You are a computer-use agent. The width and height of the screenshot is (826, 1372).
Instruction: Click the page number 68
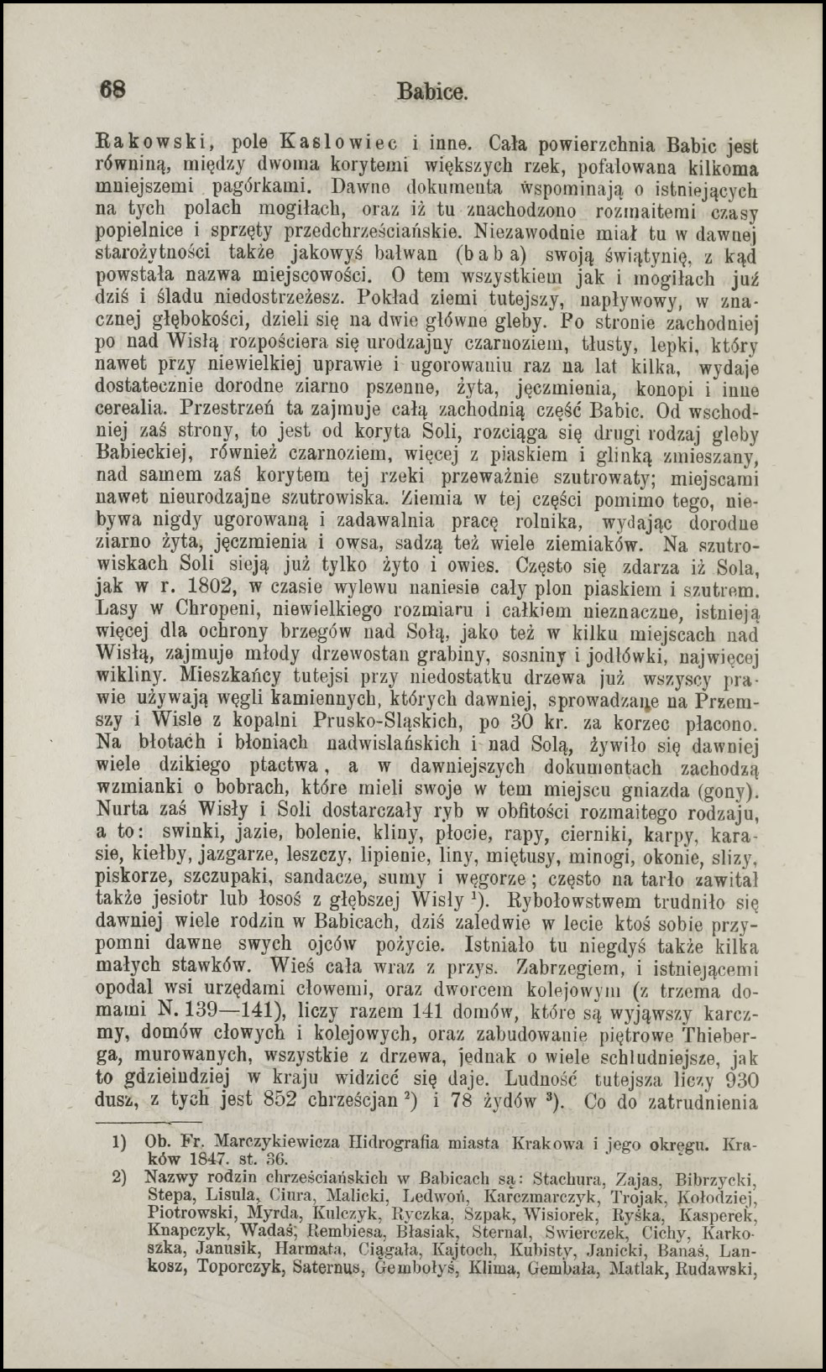113,90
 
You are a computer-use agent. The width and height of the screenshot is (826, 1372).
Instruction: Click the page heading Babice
432,91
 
